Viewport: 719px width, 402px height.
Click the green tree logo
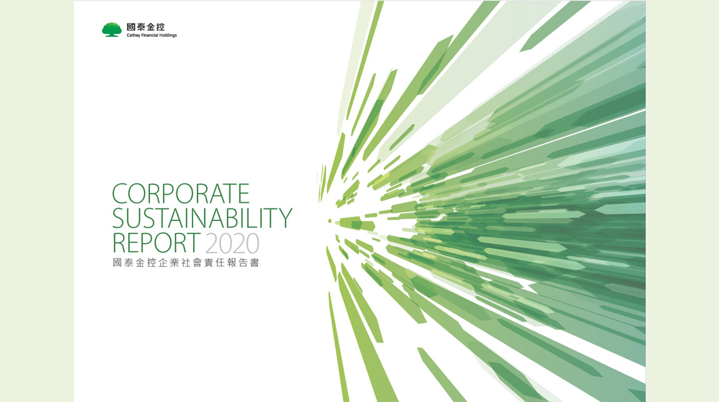(111, 30)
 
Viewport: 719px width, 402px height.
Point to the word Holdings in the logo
(168, 35)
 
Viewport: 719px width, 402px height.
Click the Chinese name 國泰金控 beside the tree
(145, 27)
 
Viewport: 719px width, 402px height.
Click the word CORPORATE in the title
(181, 193)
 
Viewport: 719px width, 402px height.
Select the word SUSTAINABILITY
(202, 218)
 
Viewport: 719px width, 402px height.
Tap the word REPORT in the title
(156, 242)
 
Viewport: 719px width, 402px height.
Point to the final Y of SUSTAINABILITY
(284, 218)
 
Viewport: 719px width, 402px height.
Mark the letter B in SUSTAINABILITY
(234, 218)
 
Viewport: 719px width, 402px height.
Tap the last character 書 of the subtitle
(254, 263)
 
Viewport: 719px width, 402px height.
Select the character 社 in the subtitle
(180, 263)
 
